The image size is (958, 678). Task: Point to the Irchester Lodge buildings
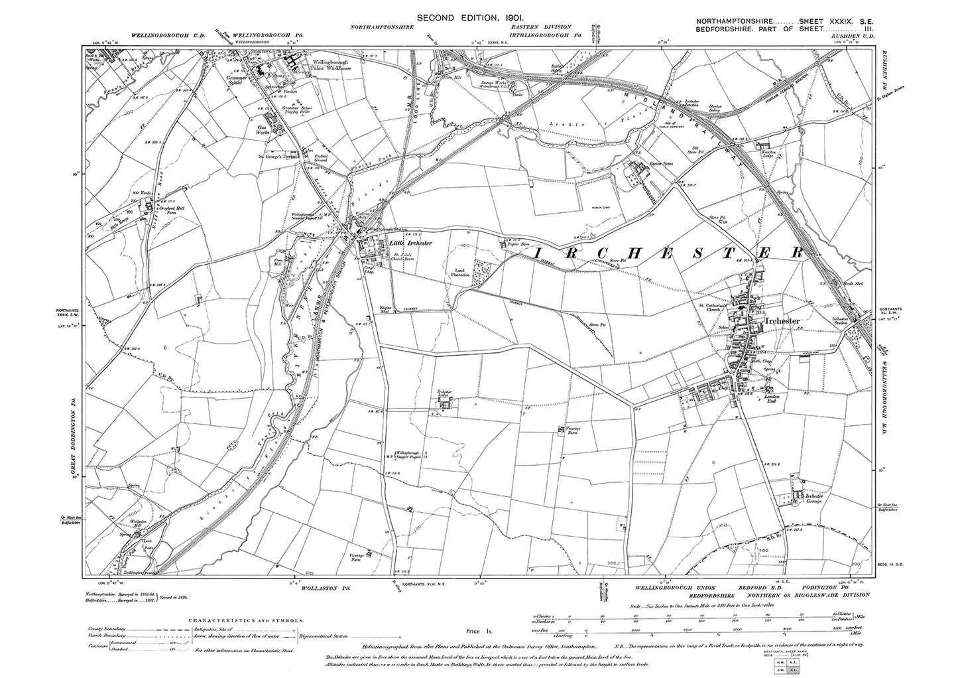tap(446, 402)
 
